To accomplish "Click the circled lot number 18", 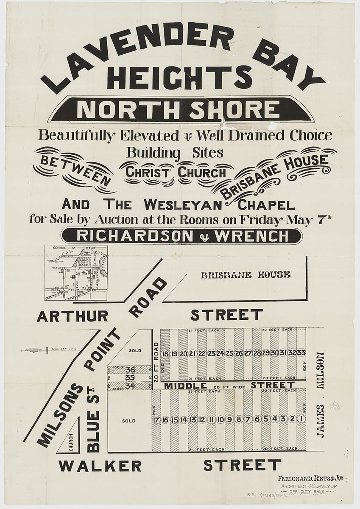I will click(x=165, y=354).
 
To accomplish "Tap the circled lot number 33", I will click(x=301, y=353).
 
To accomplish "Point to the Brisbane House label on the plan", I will click(x=246, y=275).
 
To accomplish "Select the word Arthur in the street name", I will click(x=72, y=316).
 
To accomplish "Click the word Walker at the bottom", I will click(x=100, y=466).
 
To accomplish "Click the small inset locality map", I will click(x=76, y=273).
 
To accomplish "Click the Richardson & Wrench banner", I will click(x=181, y=236).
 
